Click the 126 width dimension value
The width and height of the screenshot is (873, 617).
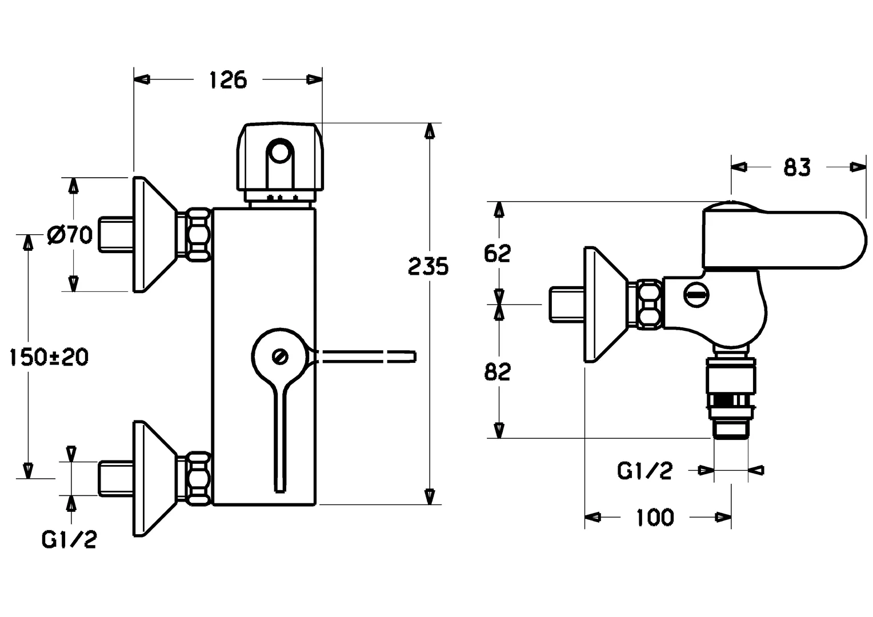227,79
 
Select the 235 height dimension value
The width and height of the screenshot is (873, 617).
429,266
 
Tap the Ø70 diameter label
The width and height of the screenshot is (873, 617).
70,234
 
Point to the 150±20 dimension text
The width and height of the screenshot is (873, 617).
49,357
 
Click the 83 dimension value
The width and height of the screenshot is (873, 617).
796,167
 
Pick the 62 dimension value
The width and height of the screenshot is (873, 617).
497,253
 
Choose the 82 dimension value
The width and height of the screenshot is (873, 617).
497,372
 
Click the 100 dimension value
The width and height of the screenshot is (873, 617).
655,518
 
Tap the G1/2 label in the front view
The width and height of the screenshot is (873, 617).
69,539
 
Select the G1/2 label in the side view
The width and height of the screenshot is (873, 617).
644,471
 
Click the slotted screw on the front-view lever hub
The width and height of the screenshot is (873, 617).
281,356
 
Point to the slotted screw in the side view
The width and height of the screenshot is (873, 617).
696,295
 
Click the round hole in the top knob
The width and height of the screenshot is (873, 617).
280,153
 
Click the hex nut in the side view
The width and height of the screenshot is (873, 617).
648,304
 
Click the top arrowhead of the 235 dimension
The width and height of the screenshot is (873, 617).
429,131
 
